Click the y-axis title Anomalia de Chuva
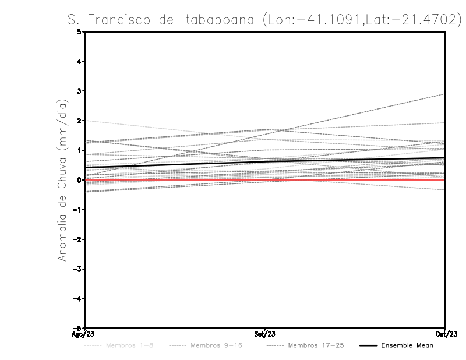[62, 180]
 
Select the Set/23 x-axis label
[264, 334]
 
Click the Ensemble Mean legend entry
[407, 345]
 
